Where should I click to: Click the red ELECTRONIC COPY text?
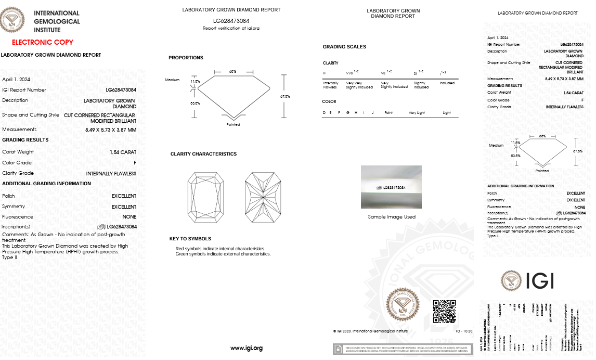tap(43, 42)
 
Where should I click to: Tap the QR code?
tap(445, 311)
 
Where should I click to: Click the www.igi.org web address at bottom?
tap(247, 348)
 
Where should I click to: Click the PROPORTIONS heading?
tap(186, 58)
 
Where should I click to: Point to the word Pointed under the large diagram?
tap(233, 124)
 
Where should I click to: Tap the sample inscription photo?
tap(391, 187)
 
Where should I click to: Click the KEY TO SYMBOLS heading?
tap(190, 239)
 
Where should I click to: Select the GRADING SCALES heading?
tap(344, 47)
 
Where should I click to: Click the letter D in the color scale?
tap(325, 112)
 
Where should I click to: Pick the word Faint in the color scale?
tap(388, 112)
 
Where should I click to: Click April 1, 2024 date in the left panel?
tap(16, 80)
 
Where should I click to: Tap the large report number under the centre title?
tap(231, 20)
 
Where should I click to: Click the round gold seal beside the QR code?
tap(402, 305)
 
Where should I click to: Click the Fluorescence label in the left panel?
tap(18, 216)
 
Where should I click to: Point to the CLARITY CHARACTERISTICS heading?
tap(203, 154)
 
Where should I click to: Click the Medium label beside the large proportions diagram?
tap(172, 80)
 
